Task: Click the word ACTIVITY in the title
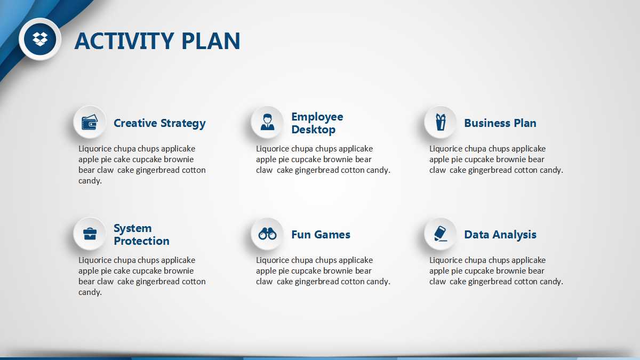(124, 41)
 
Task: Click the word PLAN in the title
(211, 41)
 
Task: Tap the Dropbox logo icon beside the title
(40, 39)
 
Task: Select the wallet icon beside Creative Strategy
(90, 122)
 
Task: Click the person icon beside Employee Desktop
(267, 122)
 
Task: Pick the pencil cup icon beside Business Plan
(441, 122)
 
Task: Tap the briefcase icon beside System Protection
(90, 234)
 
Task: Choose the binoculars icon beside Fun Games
(267, 234)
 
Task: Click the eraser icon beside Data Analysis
(441, 234)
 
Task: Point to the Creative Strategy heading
(159, 123)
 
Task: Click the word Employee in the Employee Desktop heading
(317, 117)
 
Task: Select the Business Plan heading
(500, 123)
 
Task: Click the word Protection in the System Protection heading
(141, 241)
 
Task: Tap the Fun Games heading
(321, 235)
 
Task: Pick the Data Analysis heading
(500, 235)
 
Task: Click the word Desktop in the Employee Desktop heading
(313, 130)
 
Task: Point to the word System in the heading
(133, 228)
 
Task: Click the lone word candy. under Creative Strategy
(90, 181)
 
